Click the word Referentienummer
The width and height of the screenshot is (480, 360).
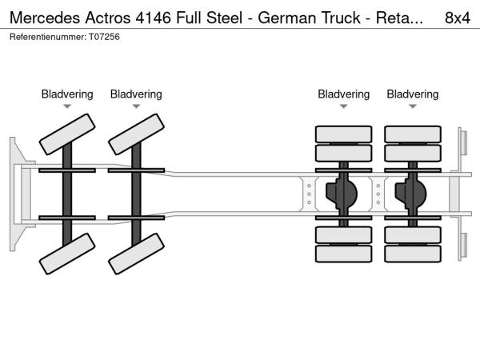pos(42,38)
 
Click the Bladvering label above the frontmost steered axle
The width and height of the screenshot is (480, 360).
pos(67,94)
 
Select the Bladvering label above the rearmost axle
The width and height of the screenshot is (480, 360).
pos(413,94)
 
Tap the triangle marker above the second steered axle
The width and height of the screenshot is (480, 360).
pos(136,106)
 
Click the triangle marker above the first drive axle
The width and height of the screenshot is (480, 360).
pos(344,106)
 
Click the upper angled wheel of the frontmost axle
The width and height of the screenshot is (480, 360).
pos(67,134)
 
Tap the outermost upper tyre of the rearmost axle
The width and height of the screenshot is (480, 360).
pos(413,134)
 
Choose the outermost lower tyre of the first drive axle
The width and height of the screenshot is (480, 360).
pos(344,255)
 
